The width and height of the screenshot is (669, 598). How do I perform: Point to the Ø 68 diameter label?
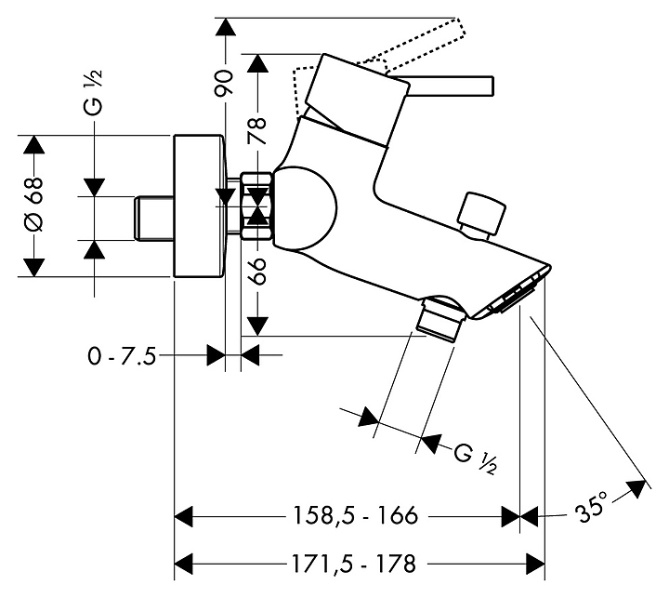click(33, 206)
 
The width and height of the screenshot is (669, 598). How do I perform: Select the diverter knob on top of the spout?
click(485, 216)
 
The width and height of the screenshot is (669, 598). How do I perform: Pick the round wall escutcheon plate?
click(200, 206)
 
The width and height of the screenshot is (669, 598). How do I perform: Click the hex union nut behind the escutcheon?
click(256, 206)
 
